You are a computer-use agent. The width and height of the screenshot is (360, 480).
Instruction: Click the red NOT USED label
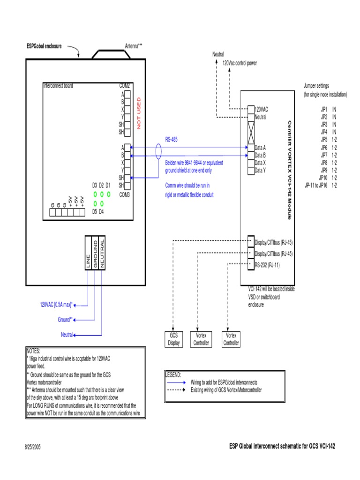pyautogui.click(x=139, y=113)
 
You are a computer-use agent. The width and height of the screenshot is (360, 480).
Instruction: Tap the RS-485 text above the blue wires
pyautogui.click(x=172, y=139)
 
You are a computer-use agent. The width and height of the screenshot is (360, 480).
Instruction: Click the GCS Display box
pyautogui.click(x=174, y=339)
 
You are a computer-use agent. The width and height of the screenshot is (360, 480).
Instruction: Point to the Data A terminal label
pyautogui.click(x=260, y=147)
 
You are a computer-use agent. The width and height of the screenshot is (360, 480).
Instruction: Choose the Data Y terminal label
pyautogui.click(x=260, y=170)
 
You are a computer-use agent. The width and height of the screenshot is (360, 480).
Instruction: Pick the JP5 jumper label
pyautogui.click(x=324, y=140)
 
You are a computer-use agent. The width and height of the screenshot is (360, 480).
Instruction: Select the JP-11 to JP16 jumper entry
pyautogui.click(x=317, y=185)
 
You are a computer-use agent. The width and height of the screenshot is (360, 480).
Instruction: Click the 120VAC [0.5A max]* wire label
pyautogui.click(x=56, y=305)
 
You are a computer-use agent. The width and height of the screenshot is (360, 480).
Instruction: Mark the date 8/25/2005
pyautogui.click(x=33, y=447)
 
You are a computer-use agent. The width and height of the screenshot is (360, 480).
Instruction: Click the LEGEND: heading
pyautogui.click(x=173, y=375)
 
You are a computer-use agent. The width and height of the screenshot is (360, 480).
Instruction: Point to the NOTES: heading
pyautogui.click(x=34, y=351)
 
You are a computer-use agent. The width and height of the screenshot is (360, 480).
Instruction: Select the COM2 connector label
pyautogui.click(x=125, y=86)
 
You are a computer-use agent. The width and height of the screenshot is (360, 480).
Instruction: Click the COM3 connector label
pyautogui.click(x=125, y=194)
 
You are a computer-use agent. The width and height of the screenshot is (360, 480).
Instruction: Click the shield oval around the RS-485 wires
pyautogui.click(x=159, y=151)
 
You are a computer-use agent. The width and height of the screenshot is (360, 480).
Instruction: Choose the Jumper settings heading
pyautogui.click(x=316, y=86)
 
